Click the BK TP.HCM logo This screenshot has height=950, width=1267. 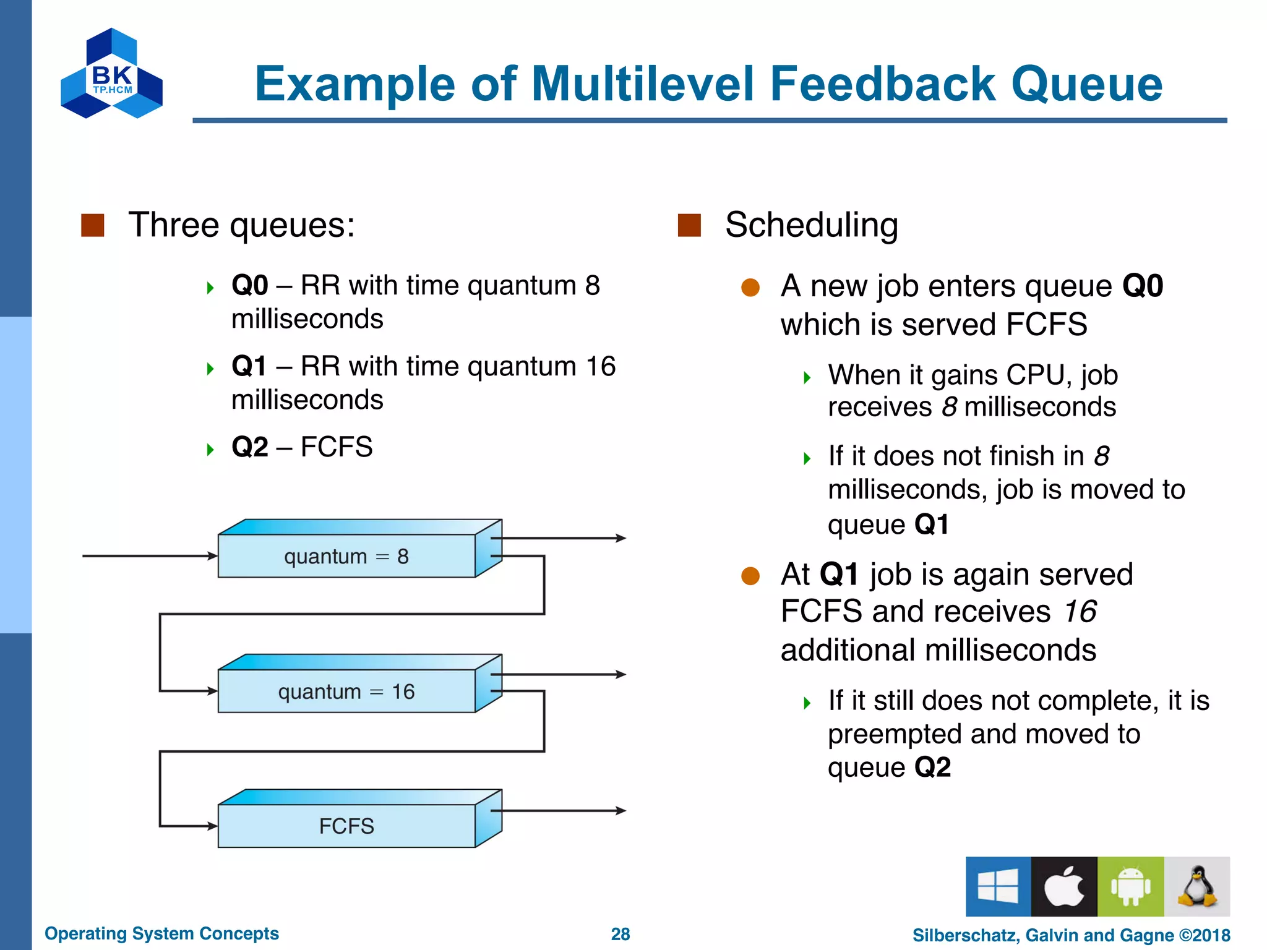click(x=112, y=74)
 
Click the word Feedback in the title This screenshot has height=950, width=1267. click(x=882, y=84)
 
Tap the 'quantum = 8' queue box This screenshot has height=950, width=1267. click(x=346, y=556)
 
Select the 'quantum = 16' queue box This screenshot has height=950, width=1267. click(x=346, y=691)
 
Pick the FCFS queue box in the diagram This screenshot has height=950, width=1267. click(x=346, y=826)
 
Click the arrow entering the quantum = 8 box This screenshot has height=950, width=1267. click(x=148, y=556)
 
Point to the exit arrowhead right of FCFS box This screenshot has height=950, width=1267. click(x=621, y=810)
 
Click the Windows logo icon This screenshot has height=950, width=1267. click(x=998, y=886)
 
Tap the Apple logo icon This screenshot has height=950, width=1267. click(x=1064, y=886)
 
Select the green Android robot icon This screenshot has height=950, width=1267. click(x=1130, y=886)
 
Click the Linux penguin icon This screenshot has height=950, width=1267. click(x=1197, y=886)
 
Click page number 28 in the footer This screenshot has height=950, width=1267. click(x=620, y=934)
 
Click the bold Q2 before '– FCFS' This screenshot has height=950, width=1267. click(x=249, y=447)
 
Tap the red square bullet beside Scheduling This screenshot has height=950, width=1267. click(x=689, y=225)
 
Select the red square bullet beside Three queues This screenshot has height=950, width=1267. click(x=93, y=225)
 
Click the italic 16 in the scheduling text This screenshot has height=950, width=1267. click(x=1080, y=612)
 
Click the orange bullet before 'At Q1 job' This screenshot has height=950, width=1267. click(x=750, y=576)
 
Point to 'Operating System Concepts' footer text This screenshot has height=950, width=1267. click(x=161, y=933)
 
